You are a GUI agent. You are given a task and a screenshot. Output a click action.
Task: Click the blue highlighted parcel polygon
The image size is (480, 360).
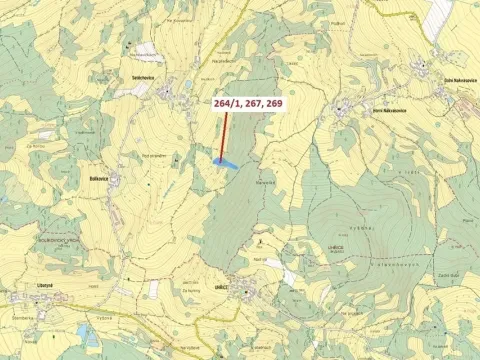click(x=225, y=161)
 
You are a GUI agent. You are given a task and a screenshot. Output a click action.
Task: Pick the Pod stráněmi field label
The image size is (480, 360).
click(x=151, y=156)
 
